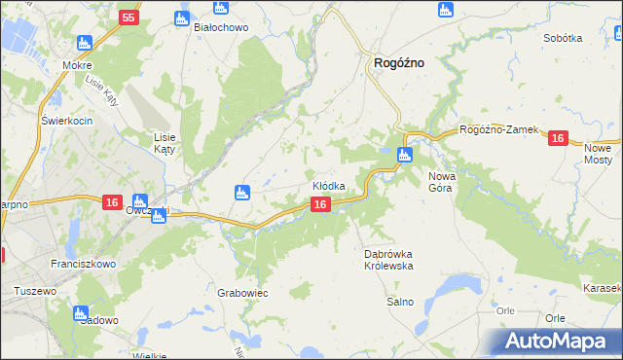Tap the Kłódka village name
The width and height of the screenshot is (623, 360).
click(x=329, y=186)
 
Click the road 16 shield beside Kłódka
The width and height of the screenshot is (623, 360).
click(x=320, y=204)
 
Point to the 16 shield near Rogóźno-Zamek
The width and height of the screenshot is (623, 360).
click(x=557, y=139)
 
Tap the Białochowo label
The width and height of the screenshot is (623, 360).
click(x=222, y=27)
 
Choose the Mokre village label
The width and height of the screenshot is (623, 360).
click(x=76, y=64)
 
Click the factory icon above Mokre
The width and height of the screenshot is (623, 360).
click(x=85, y=43)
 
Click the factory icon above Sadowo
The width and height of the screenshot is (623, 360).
click(x=81, y=312)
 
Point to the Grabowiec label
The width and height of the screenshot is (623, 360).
click(x=242, y=293)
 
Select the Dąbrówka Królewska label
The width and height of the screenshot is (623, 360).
click(x=389, y=259)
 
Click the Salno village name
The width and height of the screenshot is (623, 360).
click(x=400, y=302)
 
